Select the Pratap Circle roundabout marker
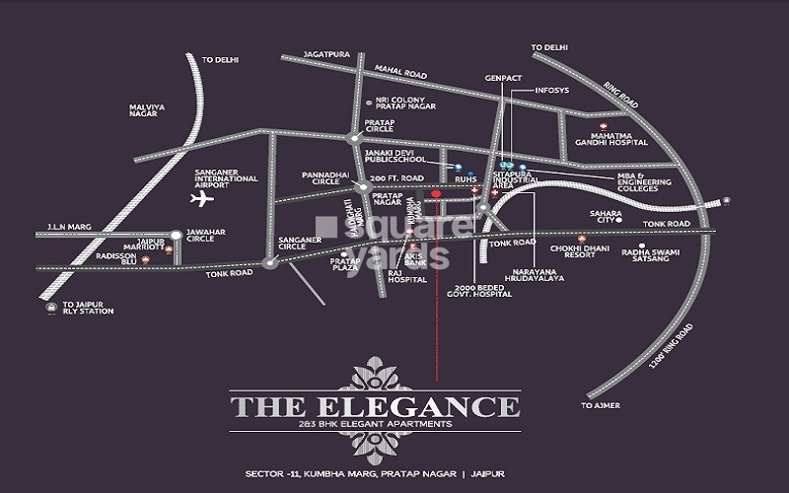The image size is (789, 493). tap(357, 139)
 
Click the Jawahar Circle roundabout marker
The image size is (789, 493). tap(175, 235)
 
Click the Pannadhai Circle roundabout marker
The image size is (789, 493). tap(364, 186)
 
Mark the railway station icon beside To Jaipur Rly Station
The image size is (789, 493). tap(50, 308)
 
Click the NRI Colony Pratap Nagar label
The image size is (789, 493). tap(401, 106)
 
